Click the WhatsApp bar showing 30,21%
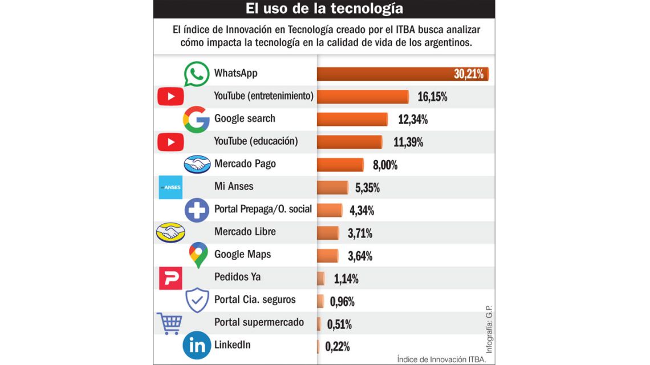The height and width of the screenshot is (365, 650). (402, 74)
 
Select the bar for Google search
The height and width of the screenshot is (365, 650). (352, 119)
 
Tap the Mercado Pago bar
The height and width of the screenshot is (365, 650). (340, 165)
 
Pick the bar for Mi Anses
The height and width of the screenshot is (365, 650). (332, 187)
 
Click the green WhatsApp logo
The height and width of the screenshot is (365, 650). (197, 74)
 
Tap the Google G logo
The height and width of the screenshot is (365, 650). (196, 120)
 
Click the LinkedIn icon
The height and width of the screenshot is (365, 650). (196, 346)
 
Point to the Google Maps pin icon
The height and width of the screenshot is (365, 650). (198, 255)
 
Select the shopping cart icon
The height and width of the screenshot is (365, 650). (169, 323)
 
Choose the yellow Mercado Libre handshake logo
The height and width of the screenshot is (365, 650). (170, 232)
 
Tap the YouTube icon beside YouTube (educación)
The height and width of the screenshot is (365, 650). (170, 142)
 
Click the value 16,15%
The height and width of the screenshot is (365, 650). (432, 97)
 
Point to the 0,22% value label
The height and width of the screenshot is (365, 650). (337, 346)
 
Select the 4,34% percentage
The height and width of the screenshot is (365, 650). (361, 210)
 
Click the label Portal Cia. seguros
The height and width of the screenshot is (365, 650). (255, 300)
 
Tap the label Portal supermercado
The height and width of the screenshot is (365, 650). (259, 322)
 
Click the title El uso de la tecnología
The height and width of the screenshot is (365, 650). (324, 9)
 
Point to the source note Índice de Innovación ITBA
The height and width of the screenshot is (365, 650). (441, 359)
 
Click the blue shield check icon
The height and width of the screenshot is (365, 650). (197, 300)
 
